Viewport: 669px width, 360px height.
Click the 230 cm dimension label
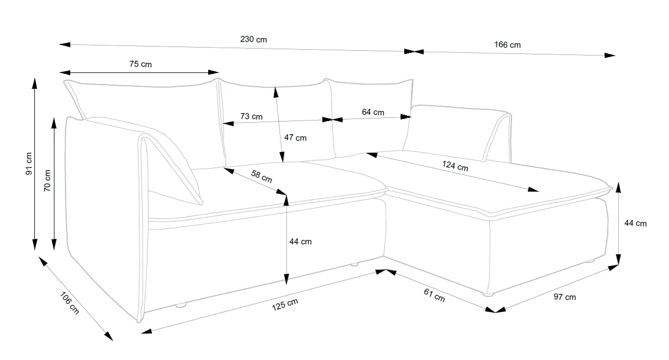pyautogui.click(x=254, y=40)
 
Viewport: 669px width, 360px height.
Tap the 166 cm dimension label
pyautogui.click(x=507, y=45)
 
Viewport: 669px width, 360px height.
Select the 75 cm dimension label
pyautogui.click(x=141, y=64)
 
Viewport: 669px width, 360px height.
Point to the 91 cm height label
pyautogui.click(x=29, y=163)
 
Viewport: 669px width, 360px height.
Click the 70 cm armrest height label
pyautogui.click(x=47, y=181)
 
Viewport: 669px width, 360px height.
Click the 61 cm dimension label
pyautogui.click(x=435, y=296)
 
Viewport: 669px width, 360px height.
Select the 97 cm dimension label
pyautogui.click(x=564, y=297)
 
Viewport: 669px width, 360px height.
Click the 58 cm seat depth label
pyautogui.click(x=261, y=176)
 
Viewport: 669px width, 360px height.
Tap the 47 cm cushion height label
pyautogui.click(x=295, y=137)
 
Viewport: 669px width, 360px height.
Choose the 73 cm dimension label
pyautogui.click(x=252, y=116)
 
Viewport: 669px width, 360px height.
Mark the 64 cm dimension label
pyautogui.click(x=373, y=112)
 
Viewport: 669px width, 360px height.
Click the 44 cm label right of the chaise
pyautogui.click(x=635, y=223)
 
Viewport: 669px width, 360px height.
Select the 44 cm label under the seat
pyautogui.click(x=301, y=242)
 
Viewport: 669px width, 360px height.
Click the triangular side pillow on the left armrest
pyautogui.click(x=169, y=159)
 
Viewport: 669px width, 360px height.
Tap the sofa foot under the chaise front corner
pyautogui.click(x=488, y=294)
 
